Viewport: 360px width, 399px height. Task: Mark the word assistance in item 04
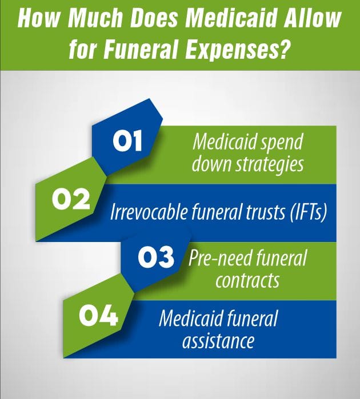pos(218,341)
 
